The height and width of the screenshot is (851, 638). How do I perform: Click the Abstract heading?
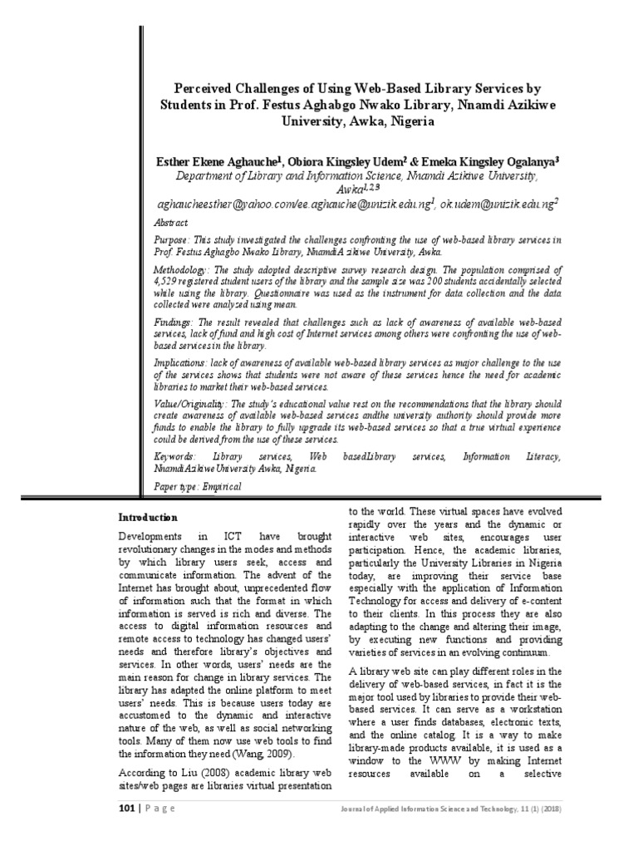coord(171,224)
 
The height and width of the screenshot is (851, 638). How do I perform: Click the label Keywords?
coord(176,457)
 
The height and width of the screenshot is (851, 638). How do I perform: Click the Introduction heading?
coord(146,517)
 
